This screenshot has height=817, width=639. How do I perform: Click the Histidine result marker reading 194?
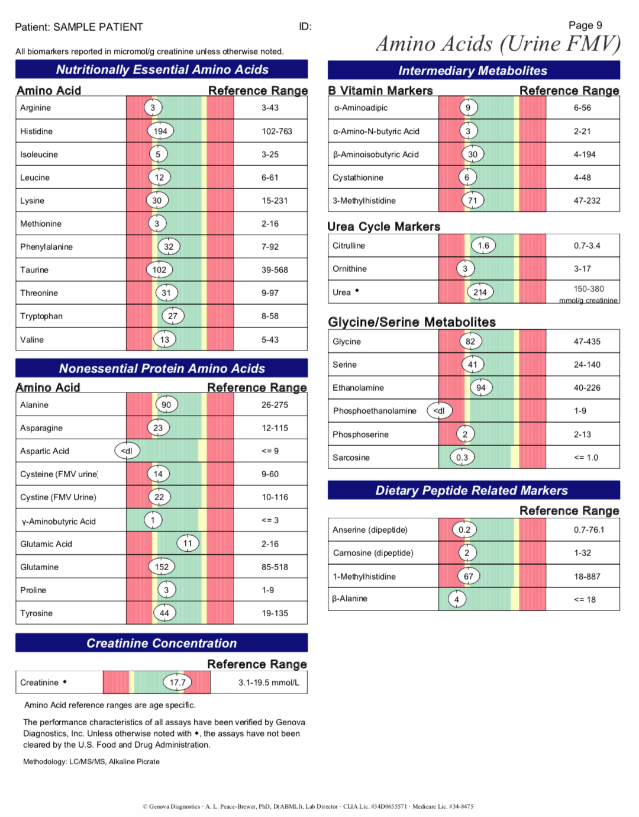coord(160,131)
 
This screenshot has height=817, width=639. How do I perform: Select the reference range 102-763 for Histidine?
coord(277,131)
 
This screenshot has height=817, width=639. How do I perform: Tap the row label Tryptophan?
coord(41,316)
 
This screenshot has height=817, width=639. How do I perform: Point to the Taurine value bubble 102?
coord(159,270)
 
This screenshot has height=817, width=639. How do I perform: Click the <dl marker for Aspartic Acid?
coord(127,451)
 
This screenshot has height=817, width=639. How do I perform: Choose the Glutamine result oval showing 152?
coord(162,567)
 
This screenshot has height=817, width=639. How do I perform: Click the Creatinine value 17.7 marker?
coord(177,683)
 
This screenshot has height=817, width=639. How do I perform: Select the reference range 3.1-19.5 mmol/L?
coord(269,683)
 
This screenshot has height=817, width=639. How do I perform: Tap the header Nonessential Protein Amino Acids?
coord(162,368)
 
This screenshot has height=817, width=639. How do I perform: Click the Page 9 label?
coord(585,25)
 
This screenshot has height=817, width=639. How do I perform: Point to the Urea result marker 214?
coord(480,292)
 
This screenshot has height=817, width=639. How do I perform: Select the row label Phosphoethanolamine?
coord(375,411)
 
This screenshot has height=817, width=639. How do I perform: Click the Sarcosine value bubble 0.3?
coord(462,458)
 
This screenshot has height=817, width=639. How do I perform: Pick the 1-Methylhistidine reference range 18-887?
coord(587,577)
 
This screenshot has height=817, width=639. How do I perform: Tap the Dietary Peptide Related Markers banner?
coord(472,490)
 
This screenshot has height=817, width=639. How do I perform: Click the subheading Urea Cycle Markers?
coord(383,227)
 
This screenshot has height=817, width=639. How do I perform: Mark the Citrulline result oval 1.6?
coord(483,246)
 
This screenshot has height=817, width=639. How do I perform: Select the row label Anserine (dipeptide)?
coord(370,530)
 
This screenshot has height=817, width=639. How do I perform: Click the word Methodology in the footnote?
coord(44,762)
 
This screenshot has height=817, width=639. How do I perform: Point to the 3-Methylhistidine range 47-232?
coord(587,201)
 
